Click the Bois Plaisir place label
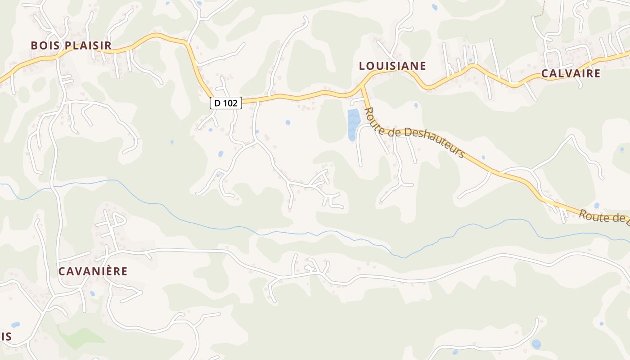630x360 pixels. pyautogui.click(x=71, y=45)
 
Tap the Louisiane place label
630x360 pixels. pyautogui.click(x=392, y=66)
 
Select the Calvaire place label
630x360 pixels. pyautogui.click(x=571, y=74)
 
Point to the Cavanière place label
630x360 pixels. pyautogui.click(x=93, y=271)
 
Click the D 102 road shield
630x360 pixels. pyautogui.click(x=226, y=103)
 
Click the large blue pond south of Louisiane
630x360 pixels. pyautogui.click(x=353, y=122)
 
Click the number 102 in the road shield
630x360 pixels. pyautogui.click(x=230, y=103)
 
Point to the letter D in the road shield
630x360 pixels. pyautogui.click(x=217, y=103)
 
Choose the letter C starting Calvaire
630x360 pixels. pyautogui.click(x=544, y=74)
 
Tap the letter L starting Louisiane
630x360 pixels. pyautogui.click(x=362, y=66)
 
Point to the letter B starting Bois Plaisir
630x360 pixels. pyautogui.click(x=34, y=45)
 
